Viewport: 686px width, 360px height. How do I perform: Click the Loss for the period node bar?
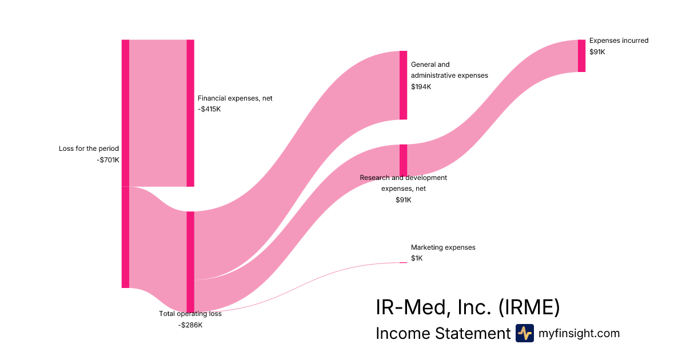[125, 163]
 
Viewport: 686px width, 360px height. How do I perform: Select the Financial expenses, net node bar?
[190, 113]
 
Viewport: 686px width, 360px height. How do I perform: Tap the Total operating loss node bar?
[190, 262]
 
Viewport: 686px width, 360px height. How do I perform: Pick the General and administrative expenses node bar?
[403, 85]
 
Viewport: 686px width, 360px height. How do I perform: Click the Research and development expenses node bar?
[403, 160]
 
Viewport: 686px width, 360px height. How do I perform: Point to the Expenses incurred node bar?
[581, 56]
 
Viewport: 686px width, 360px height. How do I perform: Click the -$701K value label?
[108, 160]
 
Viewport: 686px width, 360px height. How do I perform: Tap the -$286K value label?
[190, 325]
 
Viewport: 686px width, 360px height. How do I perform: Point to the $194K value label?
[421, 87]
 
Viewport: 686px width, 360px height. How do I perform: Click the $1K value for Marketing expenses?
[417, 258]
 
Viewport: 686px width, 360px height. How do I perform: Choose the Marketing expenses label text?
[443, 247]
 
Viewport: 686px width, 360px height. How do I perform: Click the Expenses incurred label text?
[619, 41]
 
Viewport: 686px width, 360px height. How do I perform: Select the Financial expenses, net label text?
[235, 98]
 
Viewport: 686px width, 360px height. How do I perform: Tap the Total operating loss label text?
[190, 314]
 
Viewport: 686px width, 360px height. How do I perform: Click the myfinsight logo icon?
[524, 333]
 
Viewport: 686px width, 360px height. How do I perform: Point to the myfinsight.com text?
[579, 333]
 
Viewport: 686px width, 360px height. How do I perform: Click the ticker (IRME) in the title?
[529, 307]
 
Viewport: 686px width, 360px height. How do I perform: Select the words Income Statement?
[442, 333]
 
